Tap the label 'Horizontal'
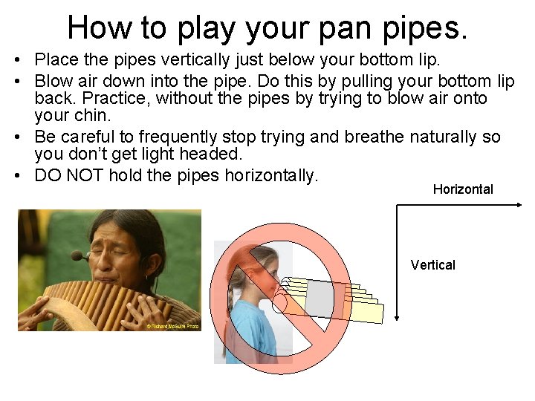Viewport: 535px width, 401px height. [x=463, y=189]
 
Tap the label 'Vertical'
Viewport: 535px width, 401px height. [x=432, y=265]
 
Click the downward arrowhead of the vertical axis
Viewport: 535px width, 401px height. [x=398, y=317]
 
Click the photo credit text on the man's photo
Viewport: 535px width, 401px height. [x=172, y=326]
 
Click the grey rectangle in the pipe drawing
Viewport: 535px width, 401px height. [x=320, y=299]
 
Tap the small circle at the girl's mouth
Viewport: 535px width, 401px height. [x=279, y=302]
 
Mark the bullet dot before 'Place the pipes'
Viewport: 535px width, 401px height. [x=25, y=59]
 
